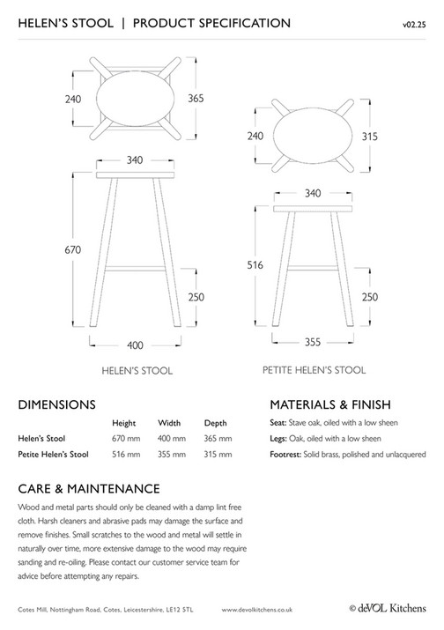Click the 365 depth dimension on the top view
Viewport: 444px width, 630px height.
coord(196,100)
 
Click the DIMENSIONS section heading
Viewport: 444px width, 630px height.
coord(56,405)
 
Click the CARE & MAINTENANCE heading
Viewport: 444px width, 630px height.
coord(88,488)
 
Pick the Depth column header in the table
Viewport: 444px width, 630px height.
coord(216,423)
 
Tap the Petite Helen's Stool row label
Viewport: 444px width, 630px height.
coord(53,455)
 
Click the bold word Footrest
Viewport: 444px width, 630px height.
coord(287,455)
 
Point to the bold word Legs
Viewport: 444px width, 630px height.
coord(279,438)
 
